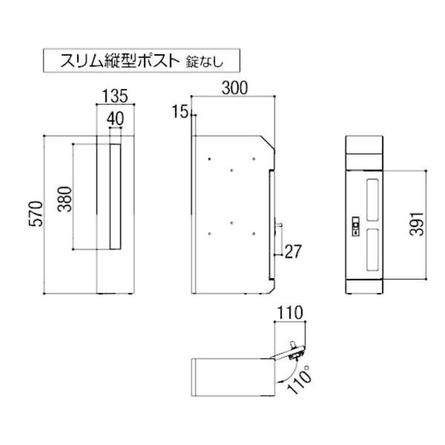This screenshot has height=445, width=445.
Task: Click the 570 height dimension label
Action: [x=36, y=214]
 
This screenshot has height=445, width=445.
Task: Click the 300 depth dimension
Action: [x=234, y=88]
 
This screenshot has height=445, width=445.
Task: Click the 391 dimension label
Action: [x=418, y=224]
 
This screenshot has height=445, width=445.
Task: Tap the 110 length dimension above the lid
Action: [x=290, y=314]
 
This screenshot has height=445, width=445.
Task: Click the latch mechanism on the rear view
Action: [x=356, y=227]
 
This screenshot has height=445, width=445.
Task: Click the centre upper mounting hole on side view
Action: [x=232, y=170]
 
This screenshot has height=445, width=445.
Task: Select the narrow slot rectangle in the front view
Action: [x=115, y=197]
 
